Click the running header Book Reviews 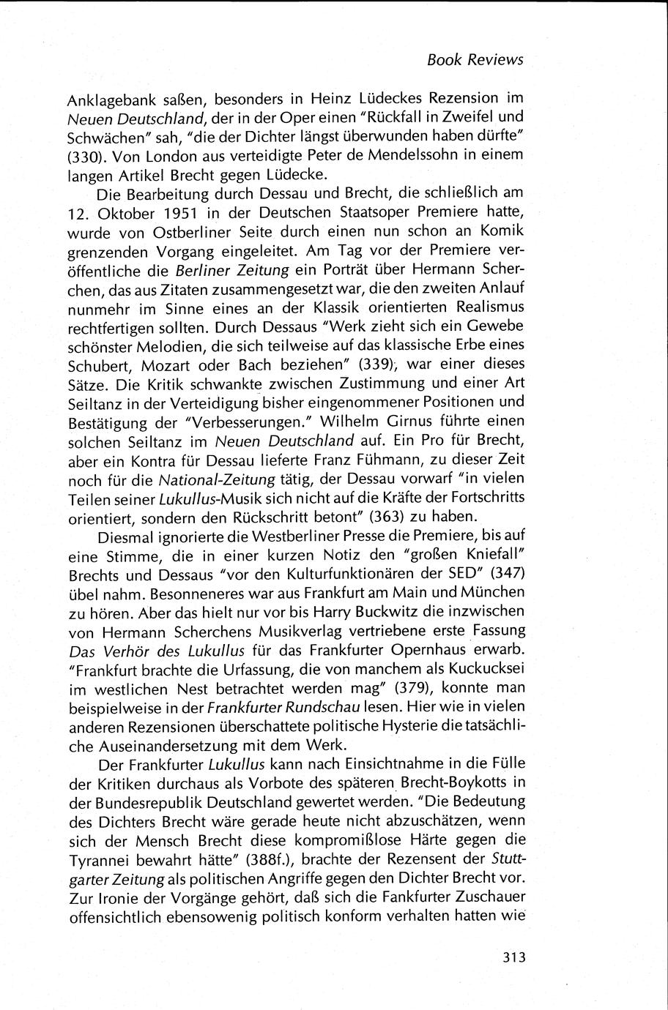tap(475, 60)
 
